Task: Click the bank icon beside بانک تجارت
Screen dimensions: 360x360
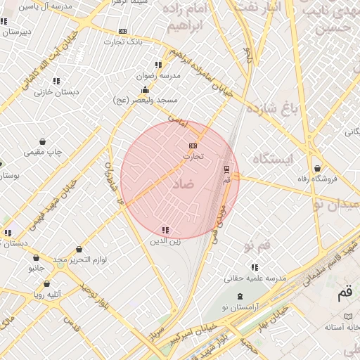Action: pos(123,31)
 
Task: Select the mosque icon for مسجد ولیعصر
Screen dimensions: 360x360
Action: pos(145,90)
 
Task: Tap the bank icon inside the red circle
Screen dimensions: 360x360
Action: pos(193,146)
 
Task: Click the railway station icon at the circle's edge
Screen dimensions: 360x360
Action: pos(226,169)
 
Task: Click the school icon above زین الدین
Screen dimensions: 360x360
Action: pos(165,230)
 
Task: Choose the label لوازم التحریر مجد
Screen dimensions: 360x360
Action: pos(79,260)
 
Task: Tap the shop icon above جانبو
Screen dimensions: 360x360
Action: pos(37,257)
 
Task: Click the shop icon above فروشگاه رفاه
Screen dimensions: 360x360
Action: pos(318,169)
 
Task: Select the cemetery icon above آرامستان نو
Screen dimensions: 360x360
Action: pos(240,297)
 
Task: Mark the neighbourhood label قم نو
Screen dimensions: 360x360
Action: pos(257,245)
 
